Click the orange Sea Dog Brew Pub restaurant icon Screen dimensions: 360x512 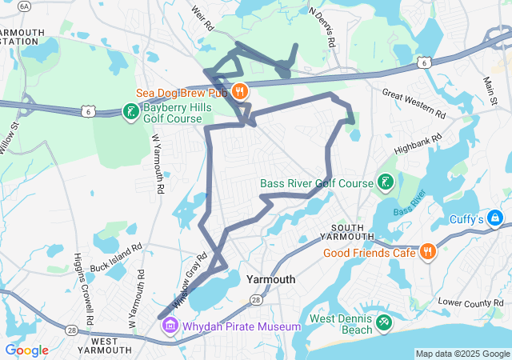239,90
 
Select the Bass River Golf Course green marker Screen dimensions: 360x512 386,183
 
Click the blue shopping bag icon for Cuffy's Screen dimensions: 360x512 496,217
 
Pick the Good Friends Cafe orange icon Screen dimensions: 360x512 428,253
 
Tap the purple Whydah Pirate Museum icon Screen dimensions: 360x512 170,326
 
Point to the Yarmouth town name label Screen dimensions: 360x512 271,279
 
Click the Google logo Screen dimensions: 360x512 26,350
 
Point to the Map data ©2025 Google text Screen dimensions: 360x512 462,354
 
